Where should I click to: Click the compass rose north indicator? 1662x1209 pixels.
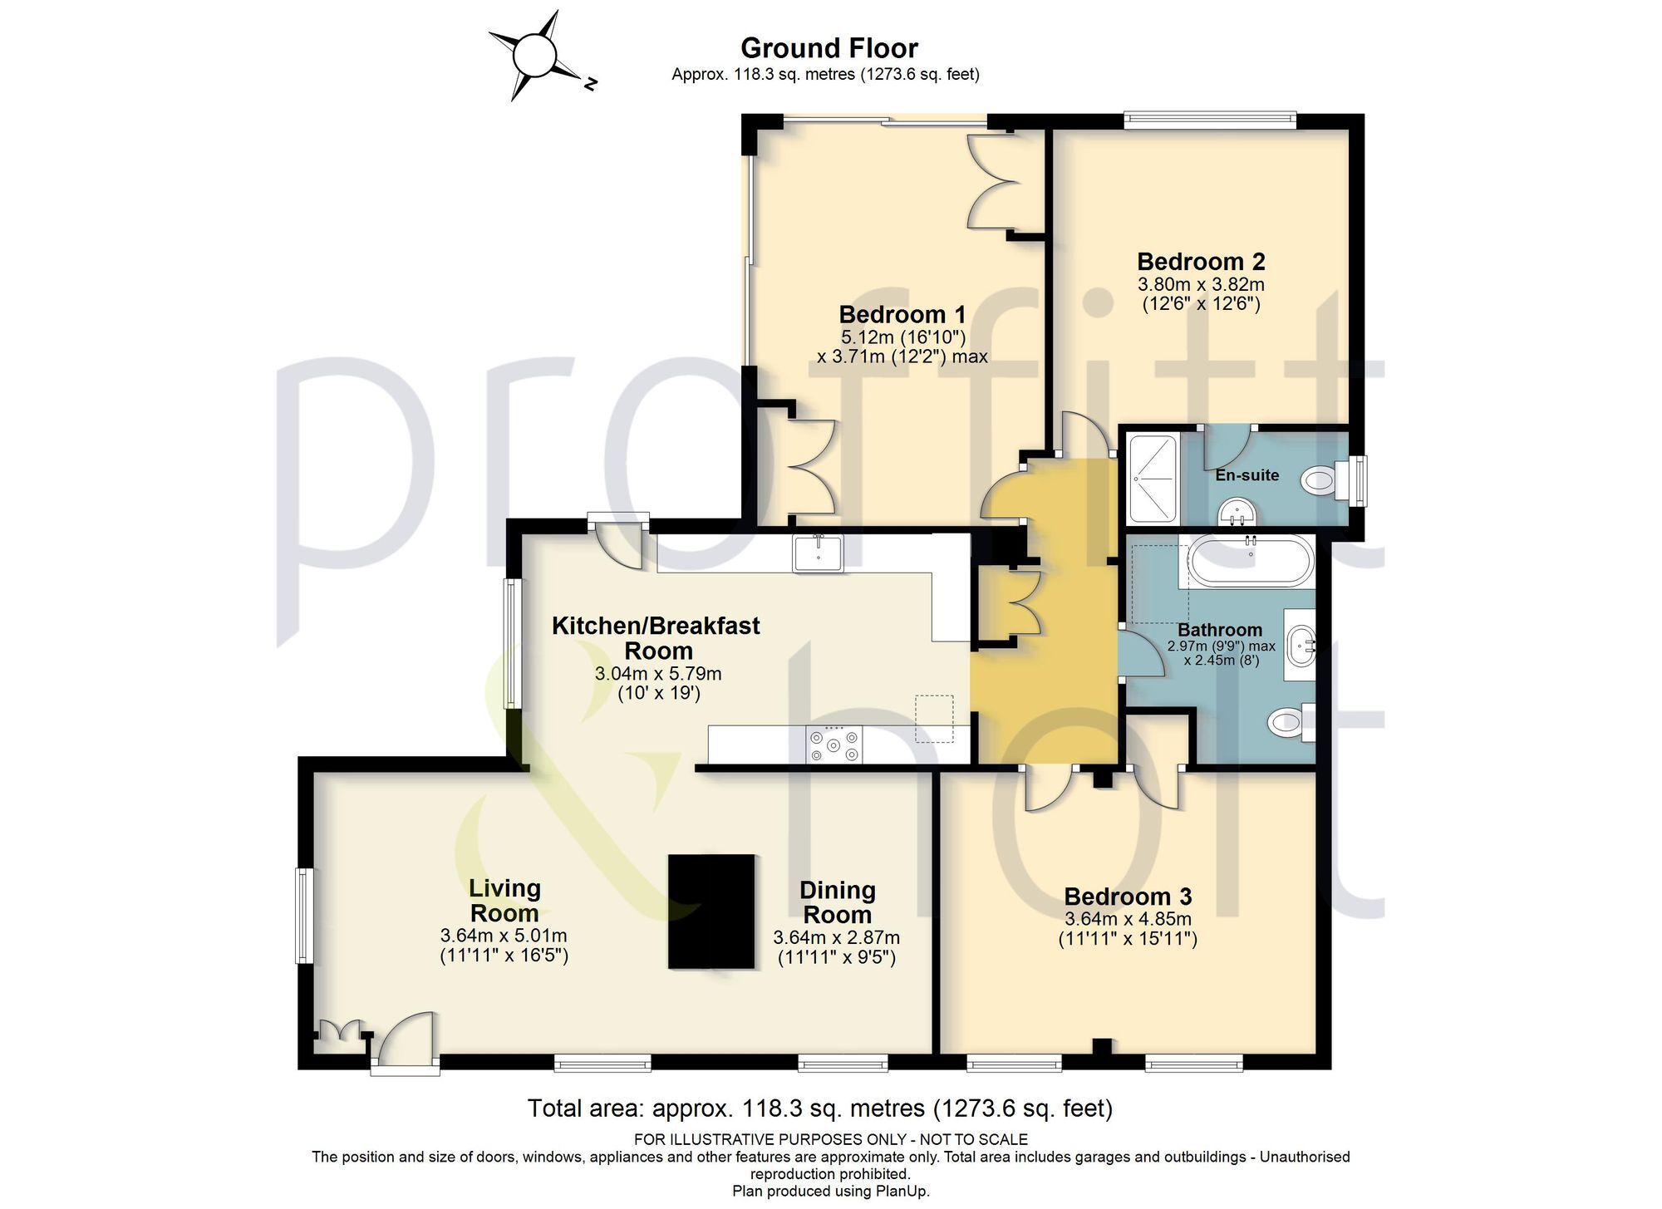click(x=590, y=82)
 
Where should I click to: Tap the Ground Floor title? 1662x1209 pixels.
click(x=829, y=48)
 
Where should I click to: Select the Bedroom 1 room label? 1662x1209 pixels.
click(x=902, y=315)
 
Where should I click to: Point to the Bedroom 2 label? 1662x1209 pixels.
click(x=1201, y=262)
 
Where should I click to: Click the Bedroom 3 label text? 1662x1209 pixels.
click(x=1128, y=897)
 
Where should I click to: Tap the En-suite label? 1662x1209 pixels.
click(x=1246, y=475)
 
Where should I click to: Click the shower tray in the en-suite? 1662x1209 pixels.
click(x=1152, y=479)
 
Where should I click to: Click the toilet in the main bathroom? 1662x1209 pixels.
click(x=1293, y=721)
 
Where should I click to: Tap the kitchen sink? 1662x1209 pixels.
click(x=818, y=553)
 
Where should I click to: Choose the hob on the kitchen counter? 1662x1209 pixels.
click(x=833, y=744)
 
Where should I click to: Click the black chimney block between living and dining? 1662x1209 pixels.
click(x=712, y=912)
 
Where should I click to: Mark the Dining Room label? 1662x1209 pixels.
click(x=837, y=902)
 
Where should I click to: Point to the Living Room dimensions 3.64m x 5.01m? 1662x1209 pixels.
click(x=504, y=936)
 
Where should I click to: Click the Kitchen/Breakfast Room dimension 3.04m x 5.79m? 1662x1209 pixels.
click(x=658, y=673)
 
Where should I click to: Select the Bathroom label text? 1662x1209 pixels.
click(x=1220, y=631)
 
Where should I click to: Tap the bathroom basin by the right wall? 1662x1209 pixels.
click(x=1301, y=645)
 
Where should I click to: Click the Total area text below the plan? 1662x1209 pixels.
click(x=820, y=1108)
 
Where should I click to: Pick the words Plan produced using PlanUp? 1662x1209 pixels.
click(x=831, y=1192)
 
